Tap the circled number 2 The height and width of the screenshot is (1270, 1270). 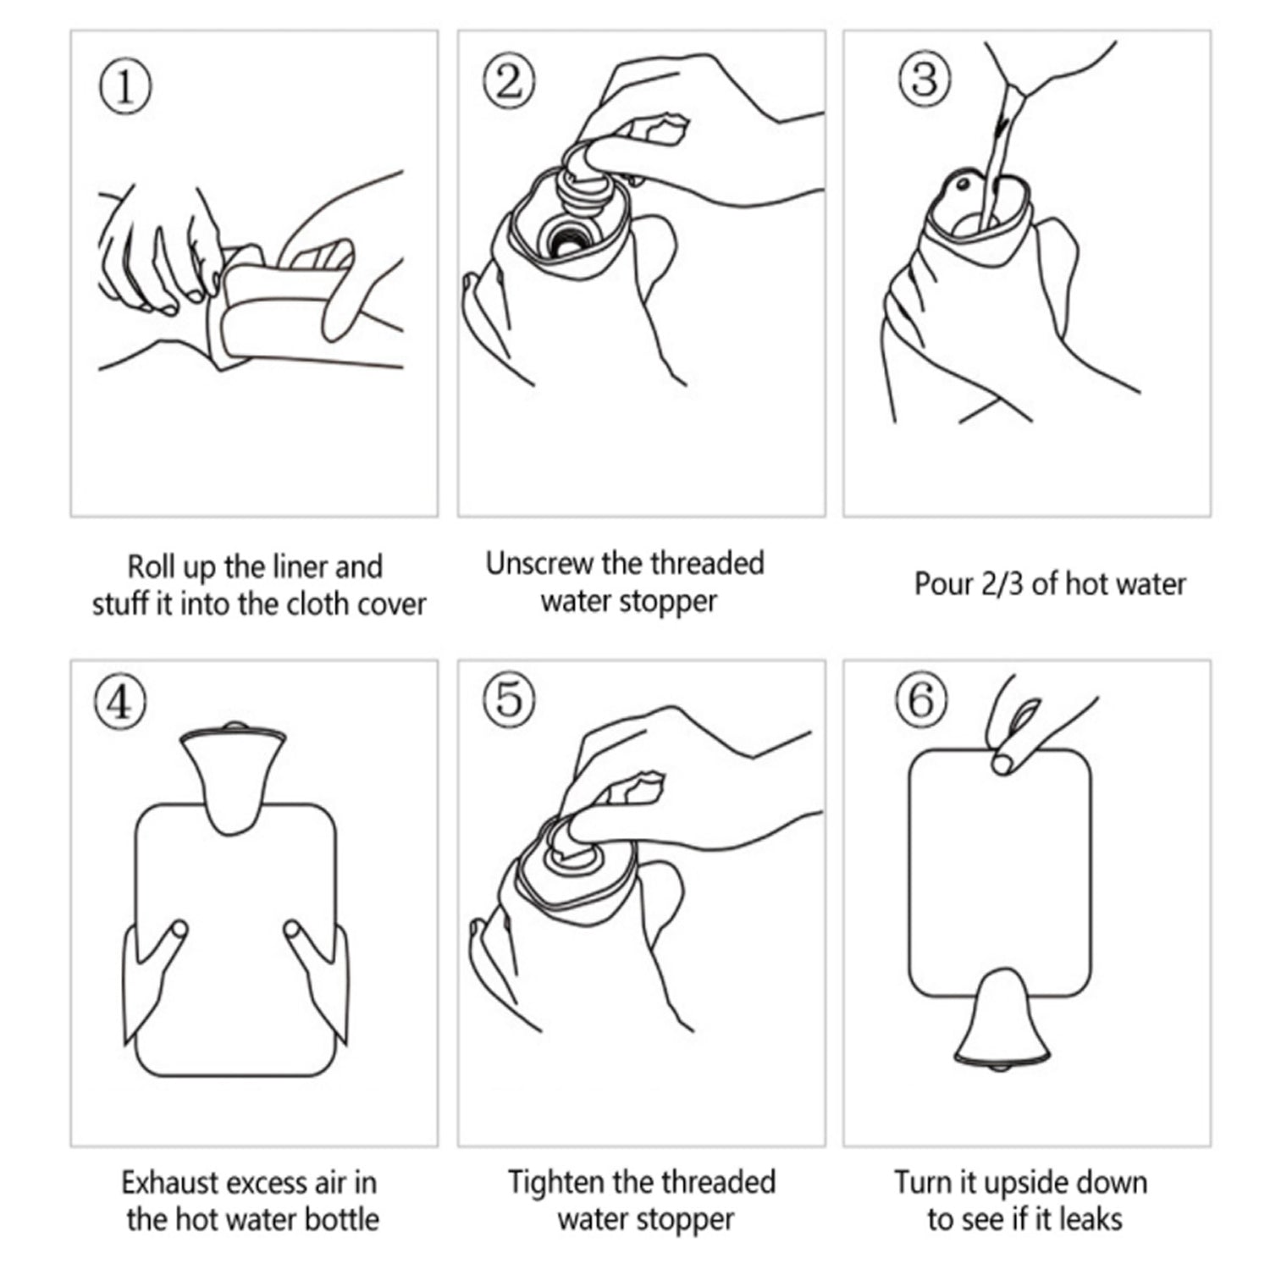pyautogui.click(x=509, y=82)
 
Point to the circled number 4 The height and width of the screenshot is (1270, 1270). pyautogui.click(x=120, y=702)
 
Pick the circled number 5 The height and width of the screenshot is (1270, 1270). pyautogui.click(x=509, y=700)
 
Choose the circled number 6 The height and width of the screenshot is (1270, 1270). pyautogui.click(x=920, y=700)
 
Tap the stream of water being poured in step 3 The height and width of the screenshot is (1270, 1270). pyautogui.click(x=999, y=152)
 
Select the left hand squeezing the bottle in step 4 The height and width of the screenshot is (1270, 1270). pyautogui.click(x=152, y=974)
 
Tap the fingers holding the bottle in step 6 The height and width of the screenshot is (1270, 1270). pyautogui.click(x=1016, y=737)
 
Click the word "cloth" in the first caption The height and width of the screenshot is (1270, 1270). pyautogui.click(x=322, y=605)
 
